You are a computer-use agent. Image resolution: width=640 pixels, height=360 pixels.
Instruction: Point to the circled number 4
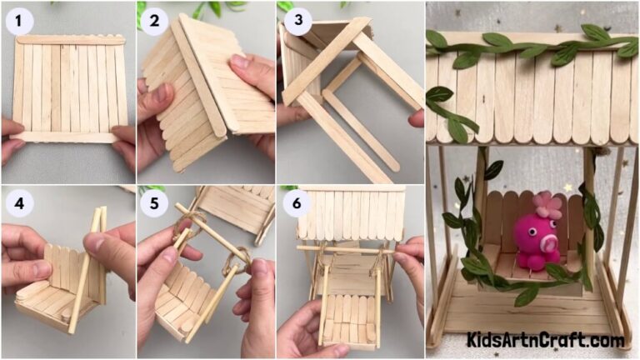pos(19,203)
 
